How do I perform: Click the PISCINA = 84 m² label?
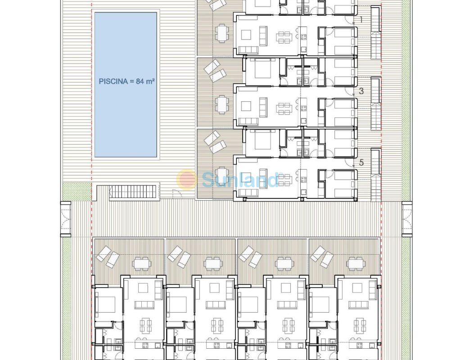127,81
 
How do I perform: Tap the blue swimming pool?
126,85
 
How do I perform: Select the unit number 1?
362,20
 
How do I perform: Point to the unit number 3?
362,91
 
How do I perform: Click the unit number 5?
362,162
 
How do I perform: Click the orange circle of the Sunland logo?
187,179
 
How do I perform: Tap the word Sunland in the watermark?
240,180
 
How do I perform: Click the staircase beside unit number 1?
375,33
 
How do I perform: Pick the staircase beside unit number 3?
375,104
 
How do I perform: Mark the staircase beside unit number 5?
375,175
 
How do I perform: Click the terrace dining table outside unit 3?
222,104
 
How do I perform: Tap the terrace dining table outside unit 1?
222,33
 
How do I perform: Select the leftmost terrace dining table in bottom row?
142,263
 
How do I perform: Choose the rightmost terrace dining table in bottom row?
356,263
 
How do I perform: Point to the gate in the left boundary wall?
66,219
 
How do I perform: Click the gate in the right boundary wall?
407,219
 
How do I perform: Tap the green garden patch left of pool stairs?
77,191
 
